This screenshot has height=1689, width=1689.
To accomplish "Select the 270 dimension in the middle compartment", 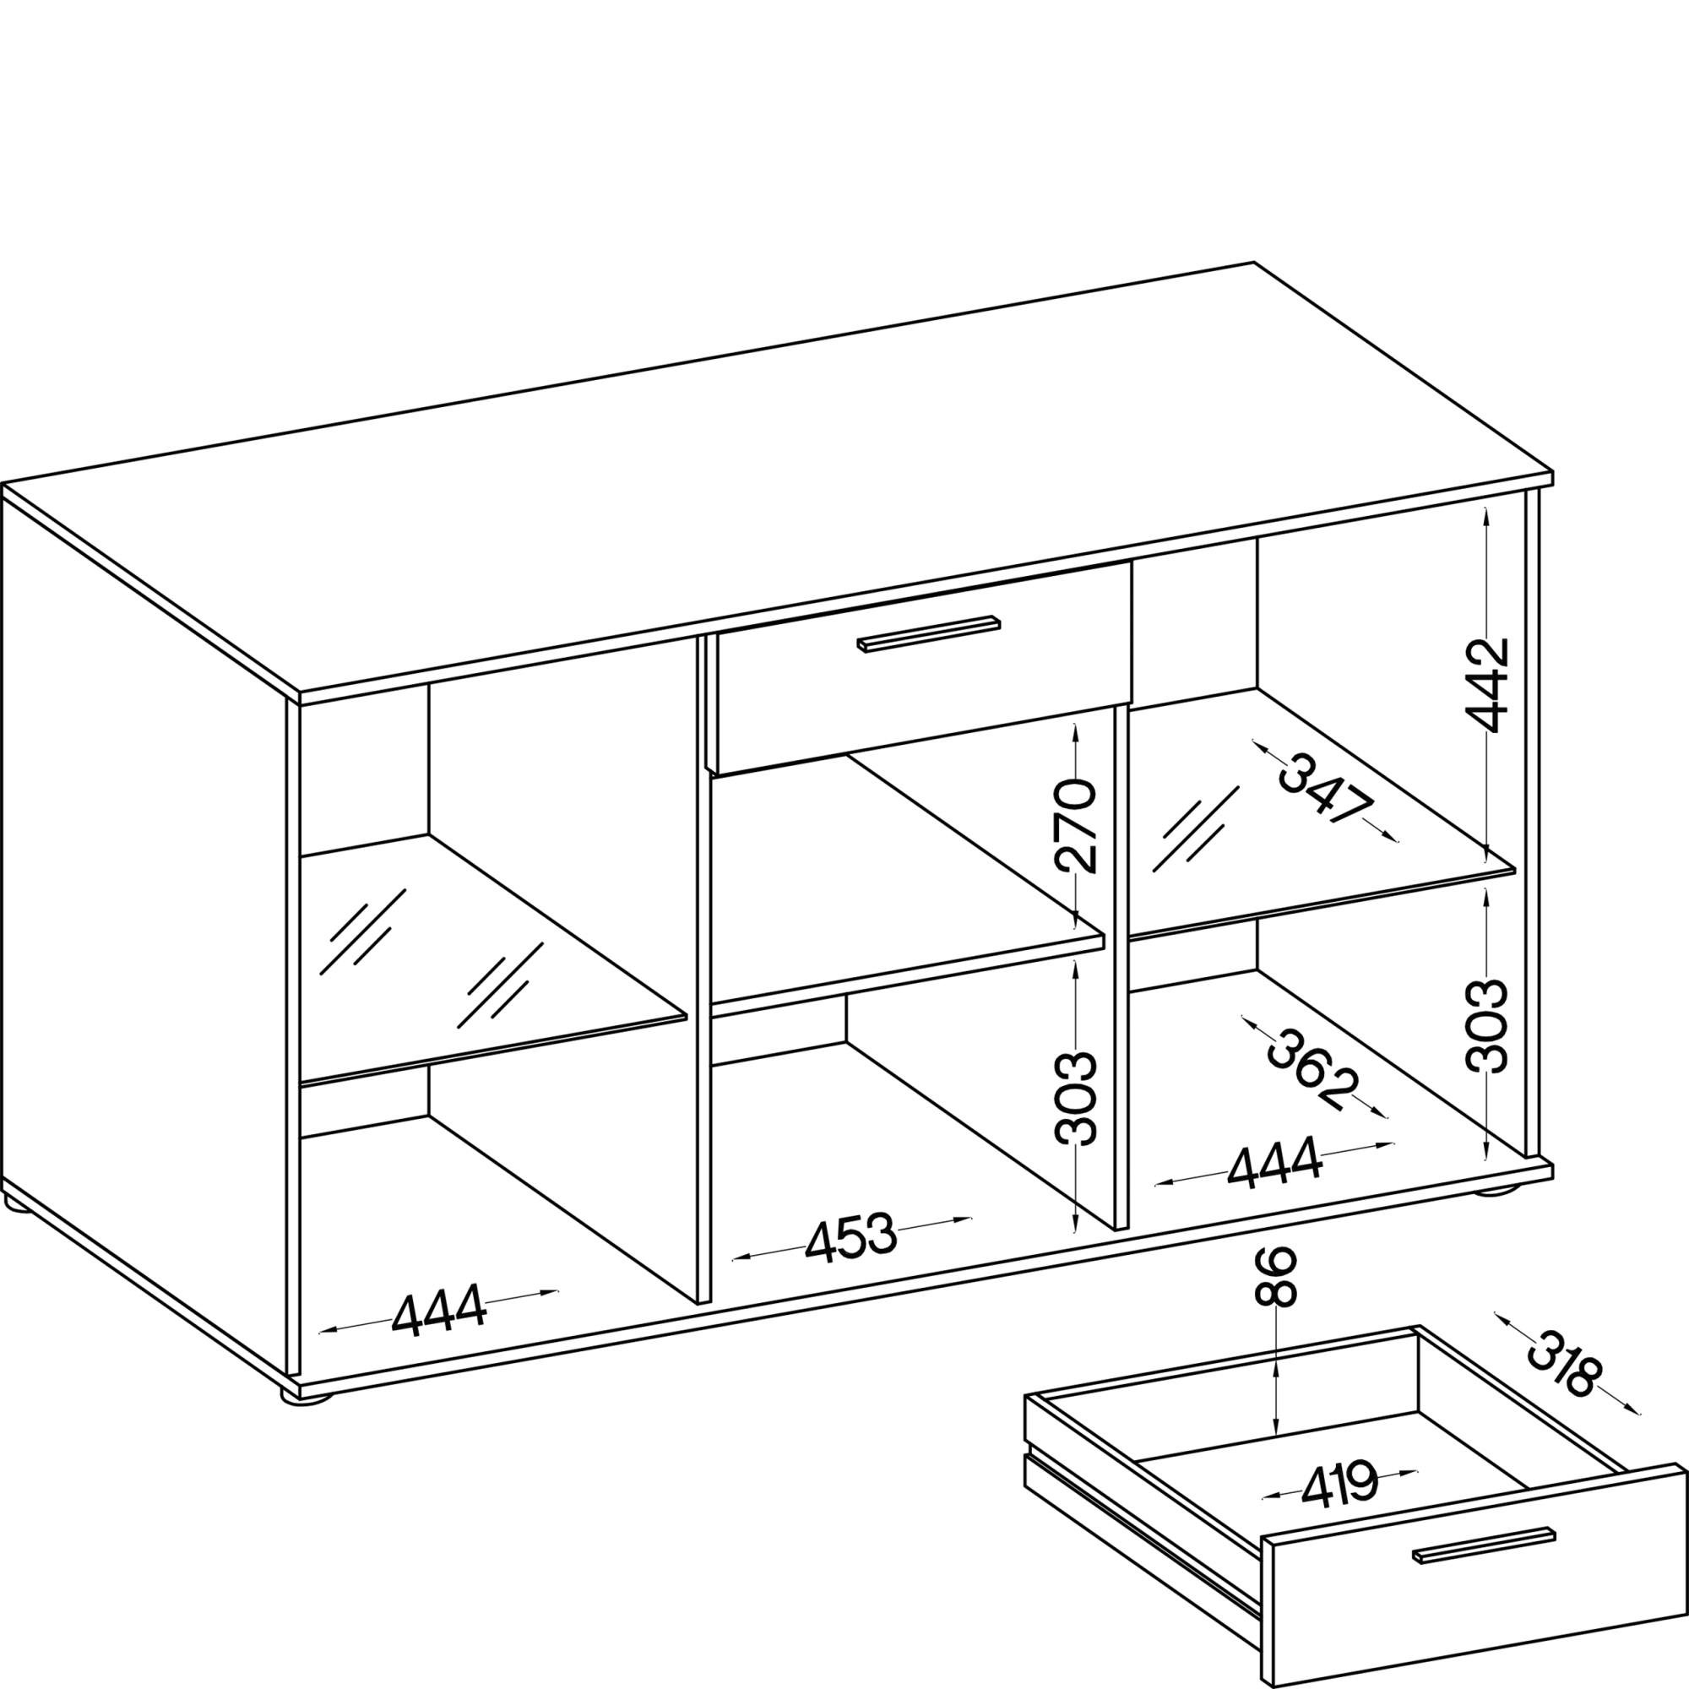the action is pyautogui.click(x=1075, y=826).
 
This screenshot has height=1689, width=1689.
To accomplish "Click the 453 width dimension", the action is pyautogui.click(x=850, y=1240).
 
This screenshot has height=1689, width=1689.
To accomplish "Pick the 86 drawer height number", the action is pyautogui.click(x=1276, y=1277).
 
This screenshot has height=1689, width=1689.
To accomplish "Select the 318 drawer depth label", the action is pyautogui.click(x=1566, y=1364).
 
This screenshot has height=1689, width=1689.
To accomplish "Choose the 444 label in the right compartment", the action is pyautogui.click(x=1274, y=1164).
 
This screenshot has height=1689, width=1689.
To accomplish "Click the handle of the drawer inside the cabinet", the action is pyautogui.click(x=928, y=633).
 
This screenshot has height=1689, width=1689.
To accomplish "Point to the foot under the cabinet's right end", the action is pyautogui.click(x=1500, y=1189).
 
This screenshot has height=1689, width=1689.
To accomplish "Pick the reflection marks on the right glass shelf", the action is pyautogui.click(x=1196, y=828).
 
